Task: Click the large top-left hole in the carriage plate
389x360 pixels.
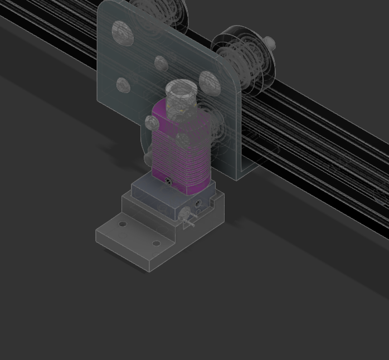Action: (122, 33)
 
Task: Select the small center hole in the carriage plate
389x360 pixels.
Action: (161, 64)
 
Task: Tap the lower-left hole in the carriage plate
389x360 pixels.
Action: (123, 85)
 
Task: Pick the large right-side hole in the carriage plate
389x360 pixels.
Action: (209, 82)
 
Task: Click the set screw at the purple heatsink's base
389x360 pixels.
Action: (169, 180)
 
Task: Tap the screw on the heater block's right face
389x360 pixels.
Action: (198, 203)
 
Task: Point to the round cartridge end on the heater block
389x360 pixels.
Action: (183, 213)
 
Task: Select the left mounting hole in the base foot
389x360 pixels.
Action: (123, 224)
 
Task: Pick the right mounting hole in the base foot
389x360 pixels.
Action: (156, 243)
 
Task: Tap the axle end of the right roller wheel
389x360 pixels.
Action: (270, 42)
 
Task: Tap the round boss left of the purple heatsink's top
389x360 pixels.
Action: (151, 122)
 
